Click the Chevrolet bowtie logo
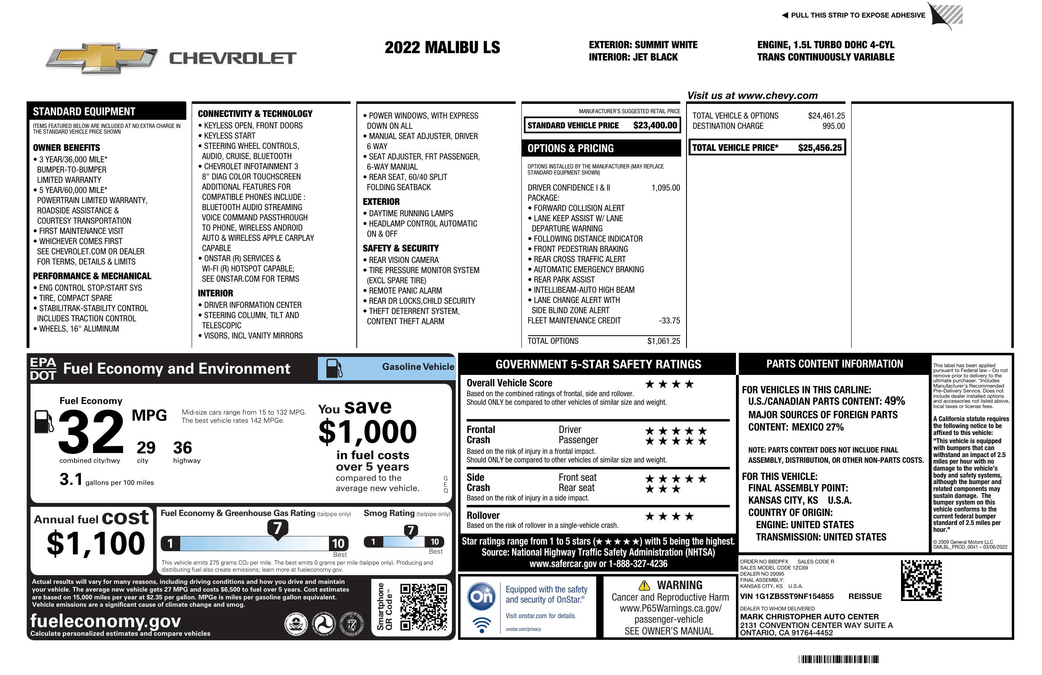102,58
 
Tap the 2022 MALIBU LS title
442,48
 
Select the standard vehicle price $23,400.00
655,126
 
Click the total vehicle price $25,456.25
820,148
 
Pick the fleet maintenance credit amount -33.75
669,321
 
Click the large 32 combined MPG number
91,432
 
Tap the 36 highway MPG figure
183,448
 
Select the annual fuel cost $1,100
96,543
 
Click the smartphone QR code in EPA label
423,607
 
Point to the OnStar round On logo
482,597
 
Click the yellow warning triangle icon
644,585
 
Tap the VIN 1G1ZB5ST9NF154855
787,597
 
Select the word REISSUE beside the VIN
865,597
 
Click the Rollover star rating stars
669,517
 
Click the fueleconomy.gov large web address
105,621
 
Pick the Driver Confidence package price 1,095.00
666,188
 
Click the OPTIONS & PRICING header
570,148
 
